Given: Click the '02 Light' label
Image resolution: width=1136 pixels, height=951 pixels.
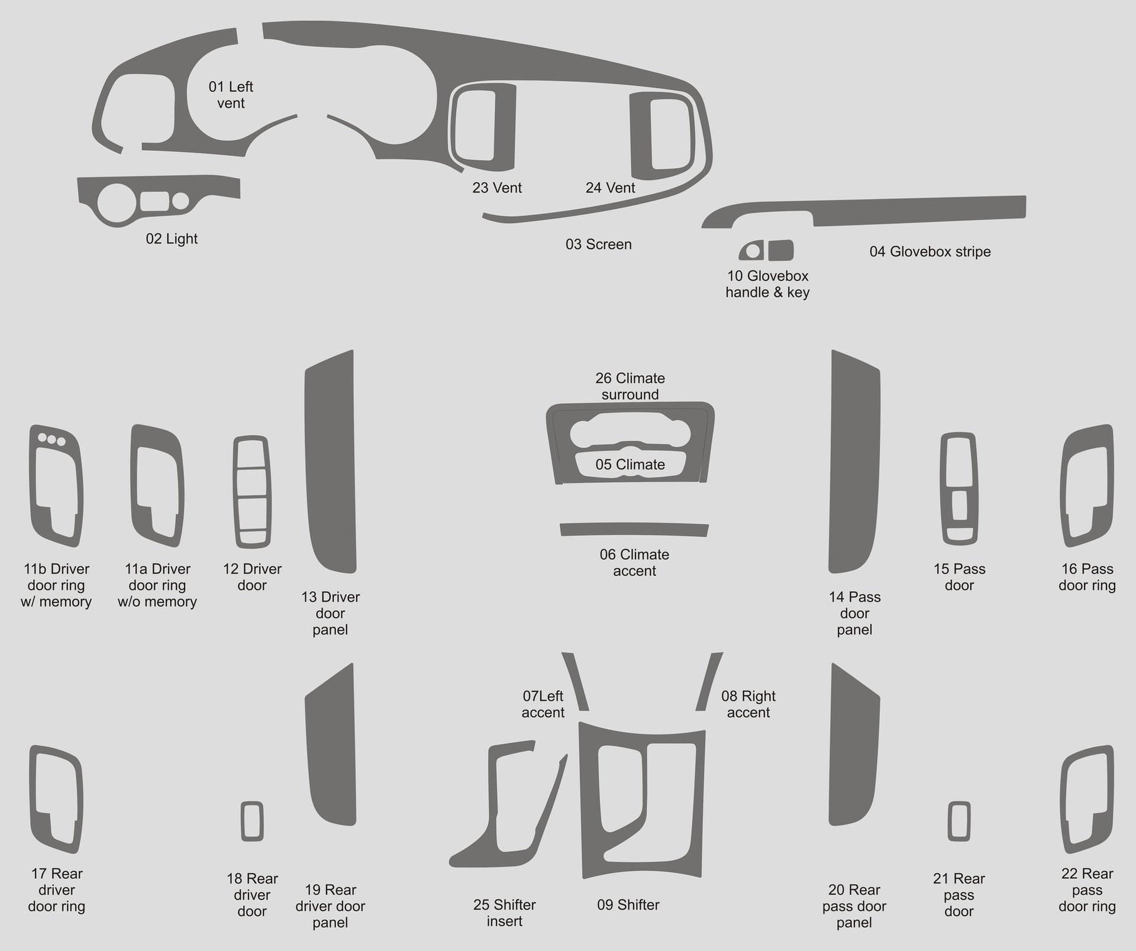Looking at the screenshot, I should (172, 238).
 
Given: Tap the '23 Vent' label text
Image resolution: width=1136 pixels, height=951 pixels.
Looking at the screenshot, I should (496, 188).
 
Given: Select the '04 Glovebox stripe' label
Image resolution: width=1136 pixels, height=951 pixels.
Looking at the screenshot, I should (930, 252).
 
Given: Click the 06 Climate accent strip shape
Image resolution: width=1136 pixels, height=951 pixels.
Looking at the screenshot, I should (634, 529).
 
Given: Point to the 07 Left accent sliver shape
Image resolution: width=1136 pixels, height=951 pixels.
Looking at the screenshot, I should (576, 681).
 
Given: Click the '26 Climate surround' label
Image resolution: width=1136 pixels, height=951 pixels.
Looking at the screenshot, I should (630, 386).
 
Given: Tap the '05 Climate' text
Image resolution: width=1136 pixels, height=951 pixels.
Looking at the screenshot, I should (630, 465).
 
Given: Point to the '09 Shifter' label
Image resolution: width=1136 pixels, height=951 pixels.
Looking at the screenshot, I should (628, 905).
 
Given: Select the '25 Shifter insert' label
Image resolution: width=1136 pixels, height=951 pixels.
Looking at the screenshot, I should (504, 913).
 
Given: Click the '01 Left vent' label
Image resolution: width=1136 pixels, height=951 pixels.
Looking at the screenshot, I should (231, 95).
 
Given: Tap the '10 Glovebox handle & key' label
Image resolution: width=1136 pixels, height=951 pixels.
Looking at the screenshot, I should (767, 284).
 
